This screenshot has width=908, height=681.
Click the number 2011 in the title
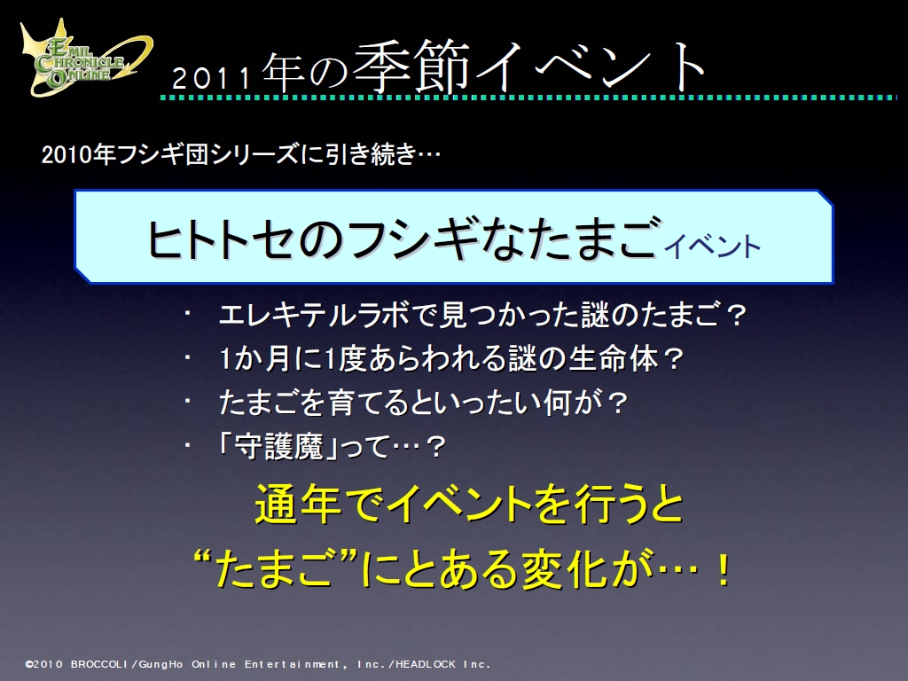click(x=211, y=78)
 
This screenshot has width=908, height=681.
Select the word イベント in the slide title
click(x=591, y=67)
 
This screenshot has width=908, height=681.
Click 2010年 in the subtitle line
click(x=78, y=154)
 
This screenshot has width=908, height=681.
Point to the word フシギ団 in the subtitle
click(x=163, y=154)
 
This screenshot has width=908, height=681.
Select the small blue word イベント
click(x=712, y=247)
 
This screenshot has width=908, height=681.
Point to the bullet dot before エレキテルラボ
click(x=188, y=315)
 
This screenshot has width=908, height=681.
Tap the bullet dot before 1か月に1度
click(x=188, y=358)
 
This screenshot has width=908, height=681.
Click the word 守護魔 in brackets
click(x=277, y=447)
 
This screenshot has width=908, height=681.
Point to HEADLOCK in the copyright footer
click(x=426, y=664)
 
